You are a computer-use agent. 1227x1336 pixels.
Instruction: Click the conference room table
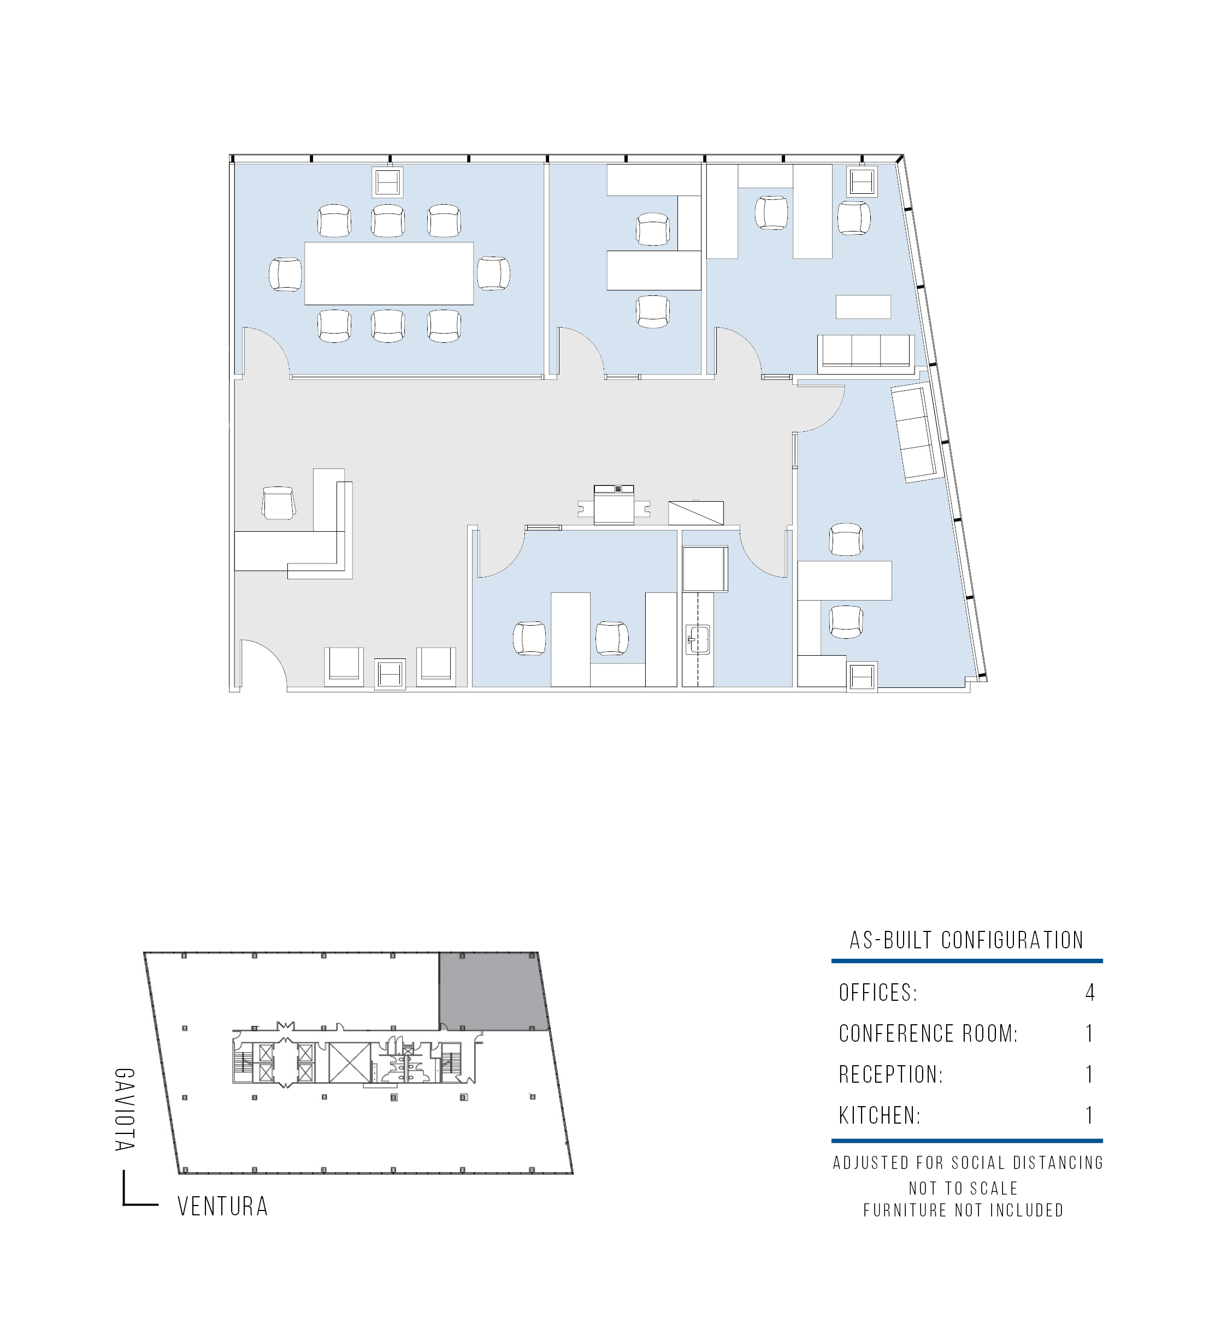(x=389, y=274)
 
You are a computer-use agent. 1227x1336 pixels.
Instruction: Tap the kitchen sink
(x=698, y=640)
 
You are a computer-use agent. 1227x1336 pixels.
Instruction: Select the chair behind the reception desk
(x=279, y=503)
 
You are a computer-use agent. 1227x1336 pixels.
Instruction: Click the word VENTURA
(x=223, y=1207)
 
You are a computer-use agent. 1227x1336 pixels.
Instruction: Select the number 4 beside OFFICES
(x=1089, y=992)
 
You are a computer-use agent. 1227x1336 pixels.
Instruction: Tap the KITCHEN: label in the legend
(x=880, y=1115)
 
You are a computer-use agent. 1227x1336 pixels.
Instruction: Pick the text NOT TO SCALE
(x=963, y=1188)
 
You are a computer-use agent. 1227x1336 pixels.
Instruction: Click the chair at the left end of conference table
(x=286, y=274)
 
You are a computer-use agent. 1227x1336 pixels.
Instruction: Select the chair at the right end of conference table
(x=493, y=274)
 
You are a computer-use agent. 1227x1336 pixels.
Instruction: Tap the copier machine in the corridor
(x=613, y=505)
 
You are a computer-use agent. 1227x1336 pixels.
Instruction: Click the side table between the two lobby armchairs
(x=390, y=674)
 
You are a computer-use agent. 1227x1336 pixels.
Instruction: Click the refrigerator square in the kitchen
(x=705, y=569)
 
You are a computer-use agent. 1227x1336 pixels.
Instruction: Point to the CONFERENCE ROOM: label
(x=928, y=1034)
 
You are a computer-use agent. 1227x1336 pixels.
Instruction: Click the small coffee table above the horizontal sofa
(x=863, y=307)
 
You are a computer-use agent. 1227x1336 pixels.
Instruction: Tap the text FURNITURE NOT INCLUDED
(x=963, y=1210)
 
